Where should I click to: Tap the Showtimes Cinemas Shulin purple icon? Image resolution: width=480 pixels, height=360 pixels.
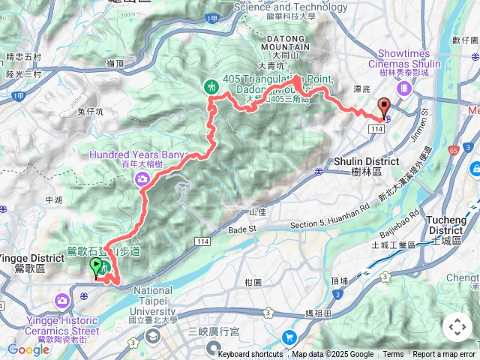coord(405,88)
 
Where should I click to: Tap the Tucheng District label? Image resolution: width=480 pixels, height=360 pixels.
coord(451,224)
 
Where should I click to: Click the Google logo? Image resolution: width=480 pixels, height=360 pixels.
coord(28,349)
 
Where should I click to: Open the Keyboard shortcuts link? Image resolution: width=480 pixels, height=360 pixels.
coord(250,355)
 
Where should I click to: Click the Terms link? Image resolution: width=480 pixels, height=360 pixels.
coord(393,355)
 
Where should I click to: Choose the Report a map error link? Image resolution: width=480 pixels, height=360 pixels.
coord(445,355)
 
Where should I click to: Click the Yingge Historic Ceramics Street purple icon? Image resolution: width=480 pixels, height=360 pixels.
coord(61,301)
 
